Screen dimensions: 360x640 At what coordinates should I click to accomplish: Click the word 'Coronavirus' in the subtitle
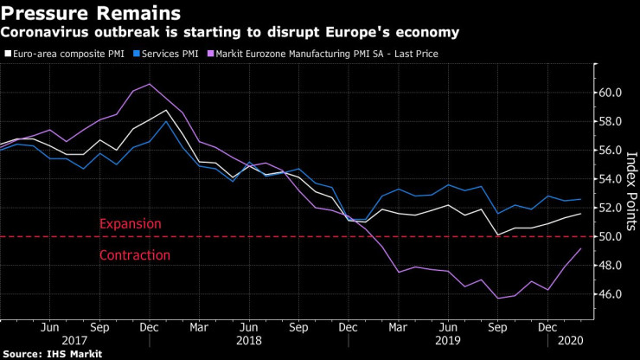click(x=44, y=32)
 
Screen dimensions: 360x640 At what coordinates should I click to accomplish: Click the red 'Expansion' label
click(x=130, y=223)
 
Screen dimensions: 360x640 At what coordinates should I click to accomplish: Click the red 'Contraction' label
click(x=134, y=255)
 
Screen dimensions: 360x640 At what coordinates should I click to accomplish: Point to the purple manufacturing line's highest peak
click(x=150, y=84)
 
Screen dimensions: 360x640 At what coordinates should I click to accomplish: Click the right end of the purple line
click(x=579, y=248)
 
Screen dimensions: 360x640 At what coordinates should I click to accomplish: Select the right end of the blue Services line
click(x=579, y=199)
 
